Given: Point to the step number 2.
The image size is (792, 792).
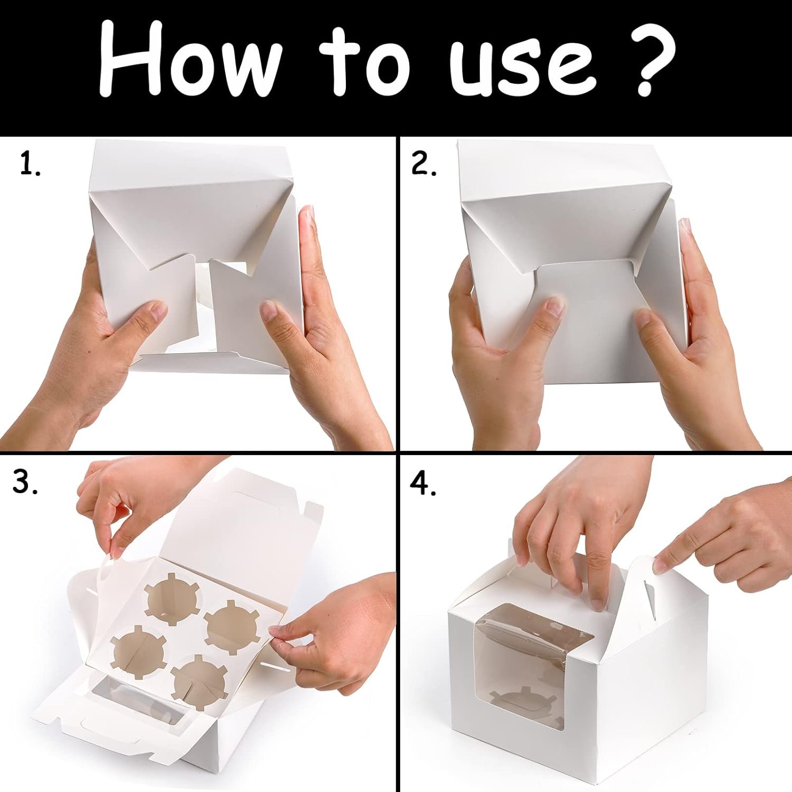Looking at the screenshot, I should point(423,164).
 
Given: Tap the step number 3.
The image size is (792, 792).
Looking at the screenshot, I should point(25,482).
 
